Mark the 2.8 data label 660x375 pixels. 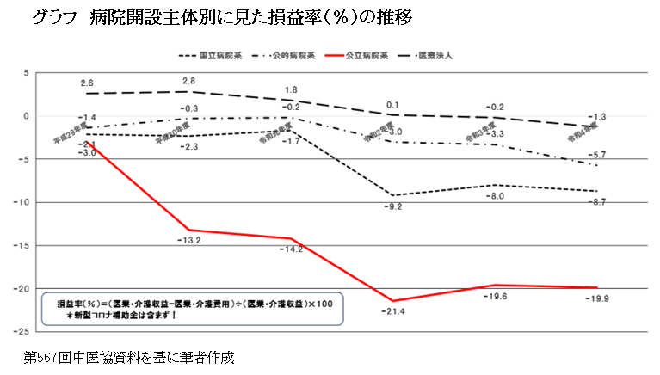188,81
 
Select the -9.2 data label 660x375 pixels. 392,206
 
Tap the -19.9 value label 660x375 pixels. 595,298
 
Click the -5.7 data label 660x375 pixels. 599,155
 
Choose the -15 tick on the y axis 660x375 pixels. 24,245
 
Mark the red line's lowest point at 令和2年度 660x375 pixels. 392,301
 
